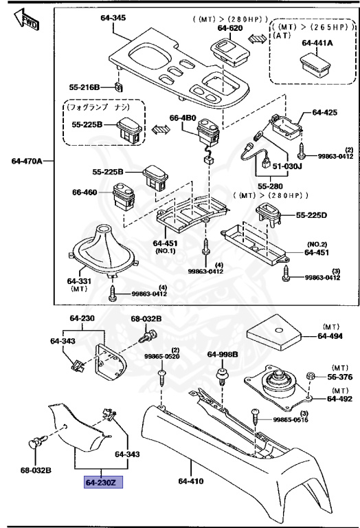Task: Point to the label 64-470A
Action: click(27, 162)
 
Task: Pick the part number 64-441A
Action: click(317, 43)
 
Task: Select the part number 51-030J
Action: click(287, 165)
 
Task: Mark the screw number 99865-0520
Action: click(161, 357)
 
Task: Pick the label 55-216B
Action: click(85, 88)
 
